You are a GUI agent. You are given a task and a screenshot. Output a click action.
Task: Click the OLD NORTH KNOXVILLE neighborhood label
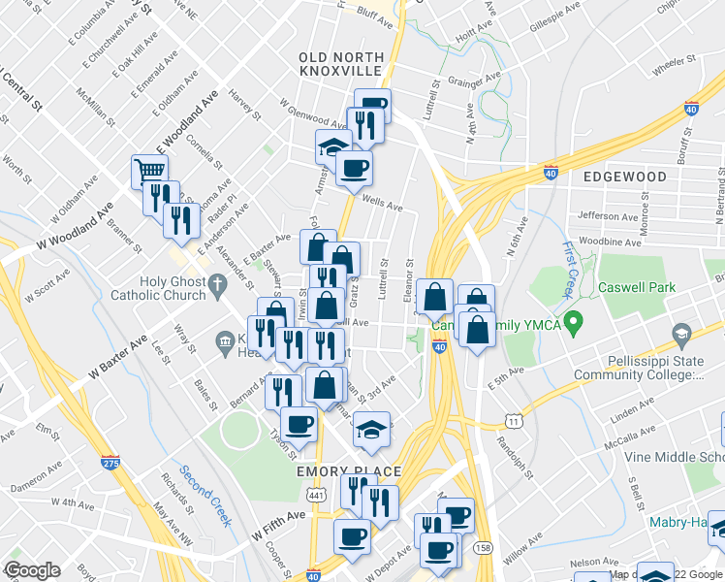click(341, 66)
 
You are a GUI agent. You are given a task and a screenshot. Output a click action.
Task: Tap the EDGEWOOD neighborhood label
click(625, 178)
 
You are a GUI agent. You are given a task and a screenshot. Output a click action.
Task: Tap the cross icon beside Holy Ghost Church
click(218, 284)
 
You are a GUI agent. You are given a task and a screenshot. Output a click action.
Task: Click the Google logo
click(32, 570)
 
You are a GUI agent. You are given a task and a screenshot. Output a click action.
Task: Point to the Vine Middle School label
click(674, 457)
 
